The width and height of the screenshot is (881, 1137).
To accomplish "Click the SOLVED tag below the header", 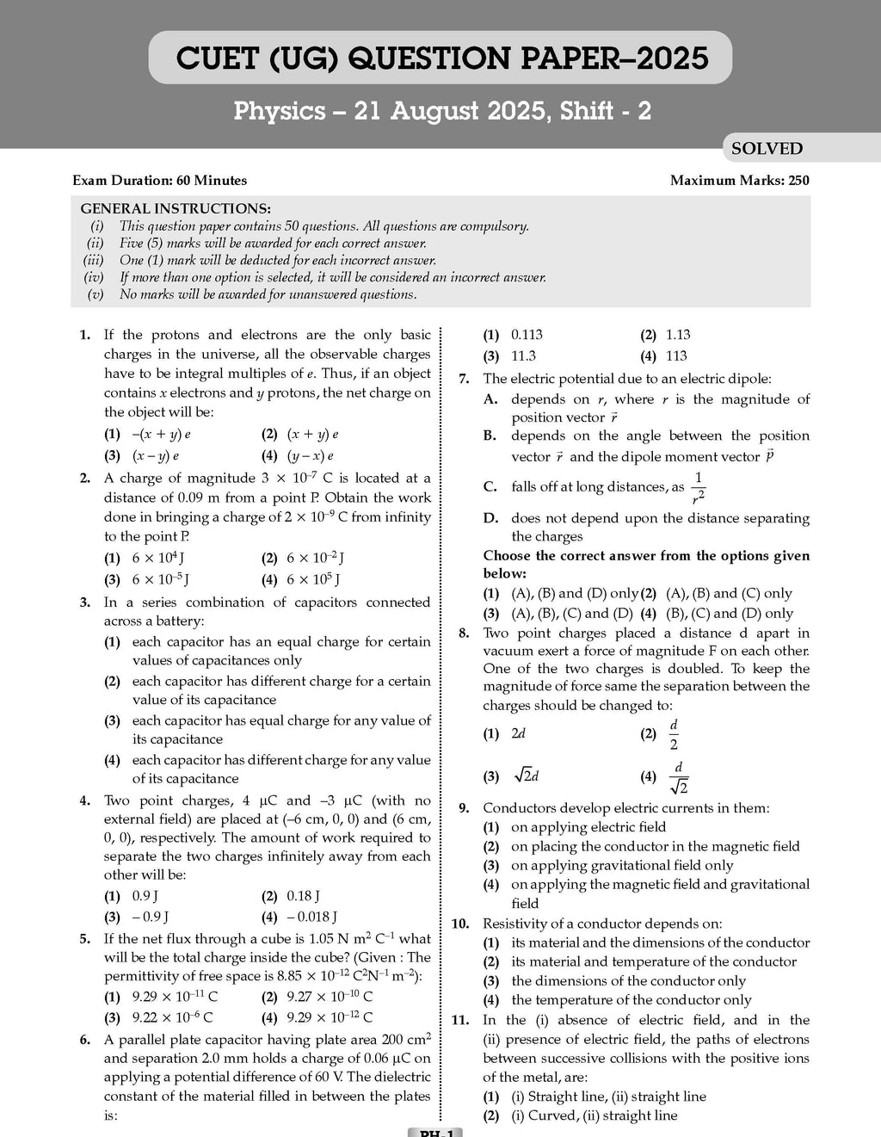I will point(766,149).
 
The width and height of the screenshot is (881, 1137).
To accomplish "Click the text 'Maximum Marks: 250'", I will point(739,181).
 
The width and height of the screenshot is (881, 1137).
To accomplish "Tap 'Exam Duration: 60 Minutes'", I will point(159,181).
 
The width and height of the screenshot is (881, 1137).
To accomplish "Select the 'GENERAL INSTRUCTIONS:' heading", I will point(175,209).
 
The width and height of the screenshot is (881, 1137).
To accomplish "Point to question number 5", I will point(85,939).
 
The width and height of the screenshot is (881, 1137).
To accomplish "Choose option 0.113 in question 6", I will point(527,335).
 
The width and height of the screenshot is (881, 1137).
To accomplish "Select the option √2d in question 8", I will point(525,776).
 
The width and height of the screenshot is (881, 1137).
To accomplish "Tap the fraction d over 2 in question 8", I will point(673,734).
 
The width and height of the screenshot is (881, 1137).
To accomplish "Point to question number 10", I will point(461,924).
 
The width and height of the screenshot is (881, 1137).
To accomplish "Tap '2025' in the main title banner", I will point(667,59).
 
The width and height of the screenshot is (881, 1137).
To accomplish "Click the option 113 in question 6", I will point(676,355).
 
